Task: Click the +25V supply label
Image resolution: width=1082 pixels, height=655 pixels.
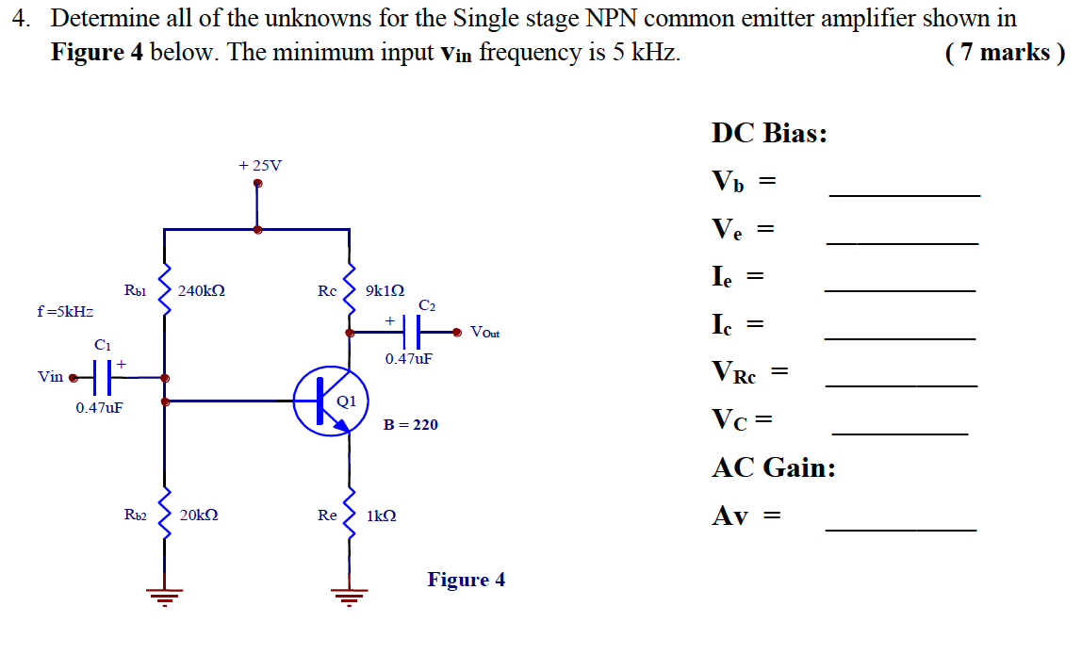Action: pyautogui.click(x=259, y=166)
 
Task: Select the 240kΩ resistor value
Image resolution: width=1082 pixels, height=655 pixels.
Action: pyautogui.click(x=201, y=291)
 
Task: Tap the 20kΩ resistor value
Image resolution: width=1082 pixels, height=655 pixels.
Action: pyautogui.click(x=199, y=516)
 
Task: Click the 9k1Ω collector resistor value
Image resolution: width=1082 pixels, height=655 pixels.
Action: pyautogui.click(x=385, y=291)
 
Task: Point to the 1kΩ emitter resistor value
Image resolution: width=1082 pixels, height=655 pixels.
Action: pyautogui.click(x=381, y=516)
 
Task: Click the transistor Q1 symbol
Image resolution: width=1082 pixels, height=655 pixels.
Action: pyautogui.click(x=325, y=401)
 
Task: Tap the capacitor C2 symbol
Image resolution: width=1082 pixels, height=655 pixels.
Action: pyautogui.click(x=412, y=332)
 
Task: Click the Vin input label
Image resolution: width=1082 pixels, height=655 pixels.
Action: pyautogui.click(x=50, y=377)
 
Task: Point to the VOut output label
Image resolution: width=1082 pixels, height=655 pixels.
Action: pyautogui.click(x=485, y=333)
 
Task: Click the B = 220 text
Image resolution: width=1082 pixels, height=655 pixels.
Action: pyautogui.click(x=410, y=425)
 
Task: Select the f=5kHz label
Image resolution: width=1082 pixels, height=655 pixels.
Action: pyautogui.click(x=65, y=310)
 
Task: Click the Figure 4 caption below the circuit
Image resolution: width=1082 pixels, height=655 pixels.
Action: pyautogui.click(x=466, y=580)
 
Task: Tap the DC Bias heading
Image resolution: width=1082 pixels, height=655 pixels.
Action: pyautogui.click(x=769, y=133)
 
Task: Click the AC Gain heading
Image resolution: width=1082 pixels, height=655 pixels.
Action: pyautogui.click(x=773, y=467)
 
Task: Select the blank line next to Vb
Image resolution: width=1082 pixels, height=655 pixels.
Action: pyautogui.click(x=904, y=194)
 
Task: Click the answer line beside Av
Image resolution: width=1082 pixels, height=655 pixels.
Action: pyautogui.click(x=900, y=531)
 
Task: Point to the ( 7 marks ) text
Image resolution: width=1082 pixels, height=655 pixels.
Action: pyautogui.click(x=1004, y=53)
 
